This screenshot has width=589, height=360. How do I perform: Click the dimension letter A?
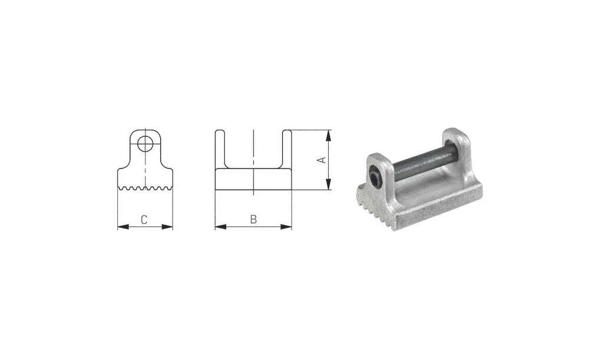(x=321, y=160)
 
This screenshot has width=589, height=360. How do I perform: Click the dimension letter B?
(x=253, y=219)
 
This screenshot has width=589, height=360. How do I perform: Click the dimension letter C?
(x=144, y=220)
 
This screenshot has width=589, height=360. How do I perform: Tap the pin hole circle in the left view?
(x=145, y=144)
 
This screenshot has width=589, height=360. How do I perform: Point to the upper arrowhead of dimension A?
(x=329, y=136)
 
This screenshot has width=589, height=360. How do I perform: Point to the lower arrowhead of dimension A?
(x=329, y=184)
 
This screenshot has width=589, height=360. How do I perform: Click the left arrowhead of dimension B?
(x=221, y=227)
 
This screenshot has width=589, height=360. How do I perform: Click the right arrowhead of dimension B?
(x=286, y=227)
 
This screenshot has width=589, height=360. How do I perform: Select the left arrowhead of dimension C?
(x=124, y=227)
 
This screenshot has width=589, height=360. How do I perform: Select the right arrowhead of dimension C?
(x=167, y=227)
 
